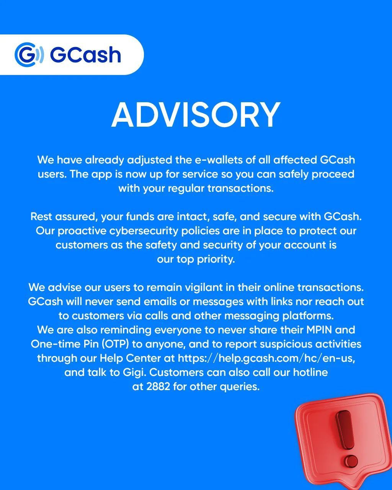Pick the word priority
[x=216, y=259]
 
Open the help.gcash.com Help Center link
[x=266, y=358]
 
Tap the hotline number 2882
[x=158, y=387]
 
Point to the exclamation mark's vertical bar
[x=346, y=430]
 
